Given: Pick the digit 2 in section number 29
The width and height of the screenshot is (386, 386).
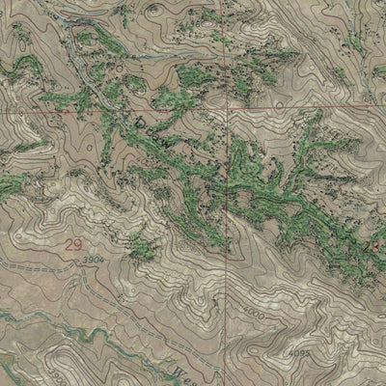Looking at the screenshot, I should (x=69, y=245).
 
